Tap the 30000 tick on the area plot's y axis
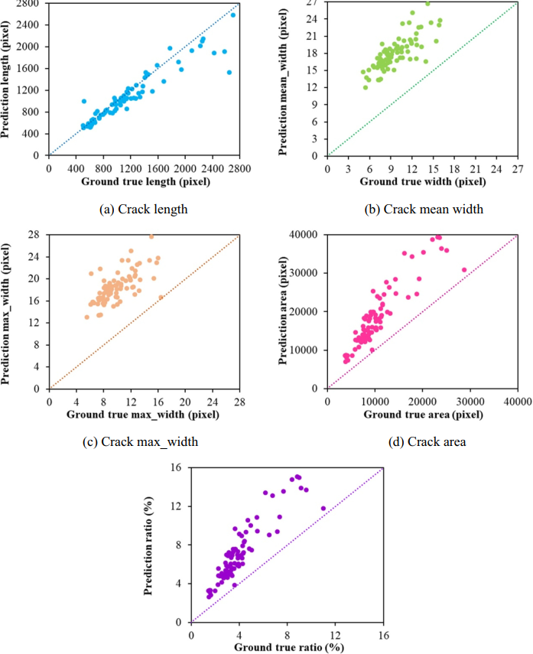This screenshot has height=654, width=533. click(308, 273)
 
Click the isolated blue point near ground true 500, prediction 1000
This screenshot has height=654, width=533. click(83, 101)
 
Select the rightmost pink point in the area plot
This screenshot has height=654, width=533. click(464, 270)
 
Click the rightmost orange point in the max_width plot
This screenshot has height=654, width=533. click(161, 298)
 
